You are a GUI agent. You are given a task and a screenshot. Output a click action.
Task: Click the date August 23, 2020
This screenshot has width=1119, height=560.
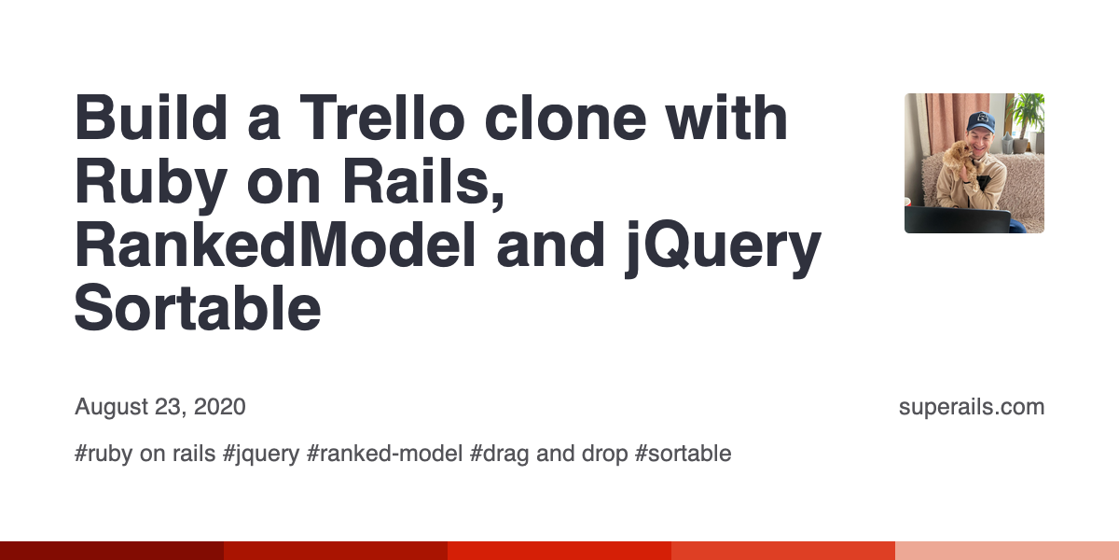point(160,407)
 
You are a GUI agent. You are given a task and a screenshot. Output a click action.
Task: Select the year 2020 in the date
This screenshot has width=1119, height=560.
point(220,407)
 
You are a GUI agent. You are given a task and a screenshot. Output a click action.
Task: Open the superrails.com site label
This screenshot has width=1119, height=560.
point(972,407)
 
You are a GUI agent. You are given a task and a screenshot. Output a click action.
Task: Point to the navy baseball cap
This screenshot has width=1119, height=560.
point(980,122)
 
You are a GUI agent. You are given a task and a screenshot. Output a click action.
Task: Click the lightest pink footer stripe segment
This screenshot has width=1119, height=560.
point(1007,551)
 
